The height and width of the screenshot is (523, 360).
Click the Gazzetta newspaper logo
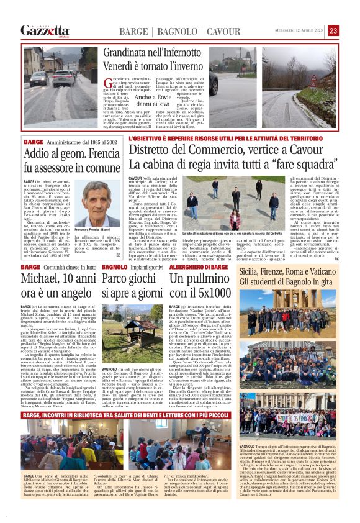point(45,30)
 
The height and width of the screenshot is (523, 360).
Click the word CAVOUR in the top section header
point(205,31)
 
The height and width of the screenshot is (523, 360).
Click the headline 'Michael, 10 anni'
point(51,276)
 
